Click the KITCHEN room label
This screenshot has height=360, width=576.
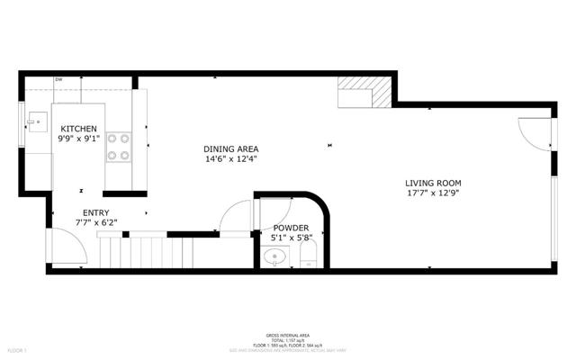78,129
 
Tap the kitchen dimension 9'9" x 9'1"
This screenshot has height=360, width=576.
78,139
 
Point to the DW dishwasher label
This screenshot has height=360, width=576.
58,80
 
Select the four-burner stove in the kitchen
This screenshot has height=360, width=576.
119,146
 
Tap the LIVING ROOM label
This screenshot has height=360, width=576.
438,183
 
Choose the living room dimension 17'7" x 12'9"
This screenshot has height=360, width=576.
438,193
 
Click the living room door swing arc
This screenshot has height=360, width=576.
534,135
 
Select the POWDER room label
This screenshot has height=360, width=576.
291,228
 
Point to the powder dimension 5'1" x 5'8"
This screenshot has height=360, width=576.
291,238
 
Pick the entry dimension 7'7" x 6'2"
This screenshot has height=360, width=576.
94,222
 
